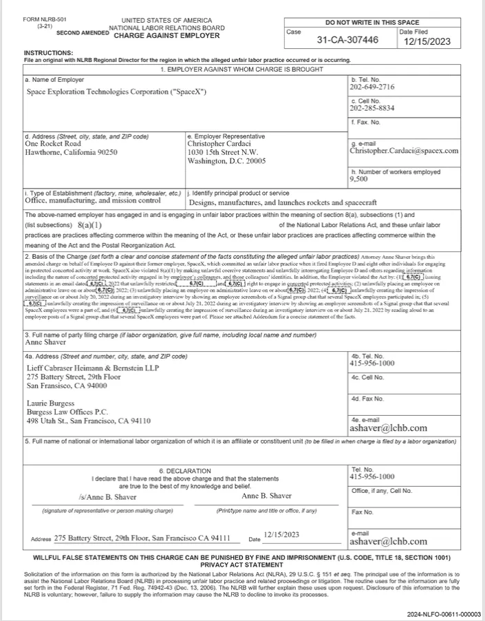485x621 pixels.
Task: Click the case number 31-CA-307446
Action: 347,41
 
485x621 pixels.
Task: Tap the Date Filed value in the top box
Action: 428,41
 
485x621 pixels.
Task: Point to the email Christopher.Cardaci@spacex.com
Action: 404,151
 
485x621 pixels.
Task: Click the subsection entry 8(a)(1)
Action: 90,224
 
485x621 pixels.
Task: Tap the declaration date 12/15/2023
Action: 281,534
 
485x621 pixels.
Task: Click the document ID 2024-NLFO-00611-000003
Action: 443,613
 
